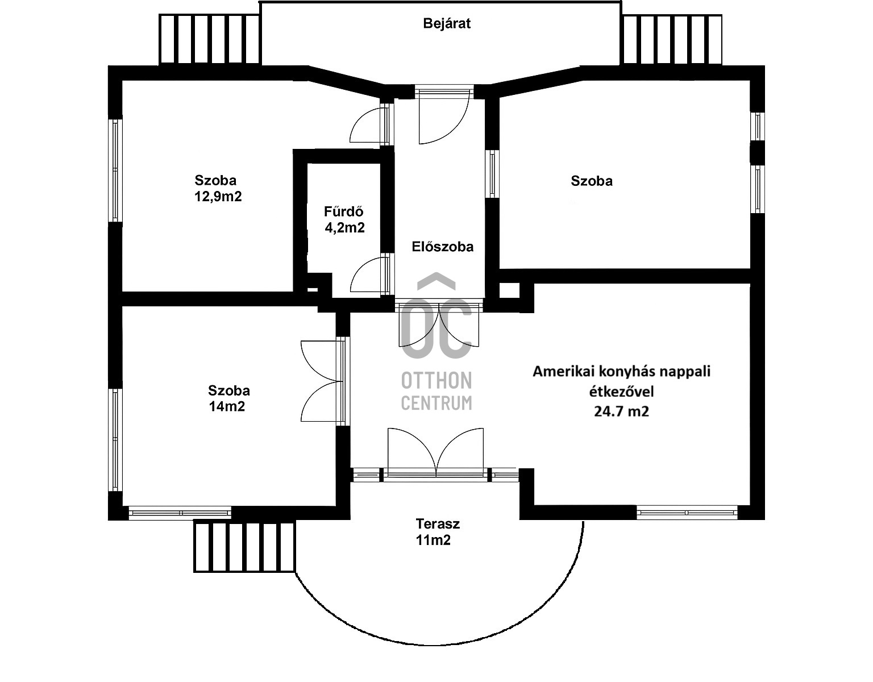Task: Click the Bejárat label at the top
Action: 447,24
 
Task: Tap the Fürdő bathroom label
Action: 344,212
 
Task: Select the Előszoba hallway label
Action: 442,247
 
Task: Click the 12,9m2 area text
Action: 218,197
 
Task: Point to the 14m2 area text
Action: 227,406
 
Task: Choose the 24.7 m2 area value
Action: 621,411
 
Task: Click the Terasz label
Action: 437,524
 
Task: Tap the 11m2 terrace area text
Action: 433,540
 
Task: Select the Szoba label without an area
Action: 592,181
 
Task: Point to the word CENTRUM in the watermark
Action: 436,403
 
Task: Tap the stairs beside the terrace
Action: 245,546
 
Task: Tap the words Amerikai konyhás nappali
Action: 621,372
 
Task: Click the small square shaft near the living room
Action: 509,290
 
